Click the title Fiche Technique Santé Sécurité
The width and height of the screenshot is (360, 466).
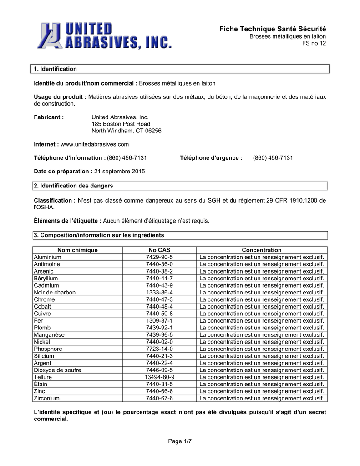273,29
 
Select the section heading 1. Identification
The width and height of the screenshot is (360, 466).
56,69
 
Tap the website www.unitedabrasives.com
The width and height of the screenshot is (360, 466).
95,144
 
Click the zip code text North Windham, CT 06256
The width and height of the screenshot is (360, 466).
127,131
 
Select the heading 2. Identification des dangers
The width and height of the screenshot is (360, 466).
73,186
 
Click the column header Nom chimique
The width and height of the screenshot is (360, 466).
77,250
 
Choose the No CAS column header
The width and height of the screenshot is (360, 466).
159,250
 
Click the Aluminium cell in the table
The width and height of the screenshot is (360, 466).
47,257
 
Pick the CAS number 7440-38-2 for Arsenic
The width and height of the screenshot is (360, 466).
159,271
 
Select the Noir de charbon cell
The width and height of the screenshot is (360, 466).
55,293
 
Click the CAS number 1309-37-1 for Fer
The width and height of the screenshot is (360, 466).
159,321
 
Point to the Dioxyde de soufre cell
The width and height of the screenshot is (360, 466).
57,370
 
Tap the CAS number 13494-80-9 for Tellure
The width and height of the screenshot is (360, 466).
159,377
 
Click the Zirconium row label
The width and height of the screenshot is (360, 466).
47,399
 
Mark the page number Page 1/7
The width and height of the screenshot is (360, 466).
180,441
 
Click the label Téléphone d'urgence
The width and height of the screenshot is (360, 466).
211,158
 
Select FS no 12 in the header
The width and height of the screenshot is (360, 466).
314,43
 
